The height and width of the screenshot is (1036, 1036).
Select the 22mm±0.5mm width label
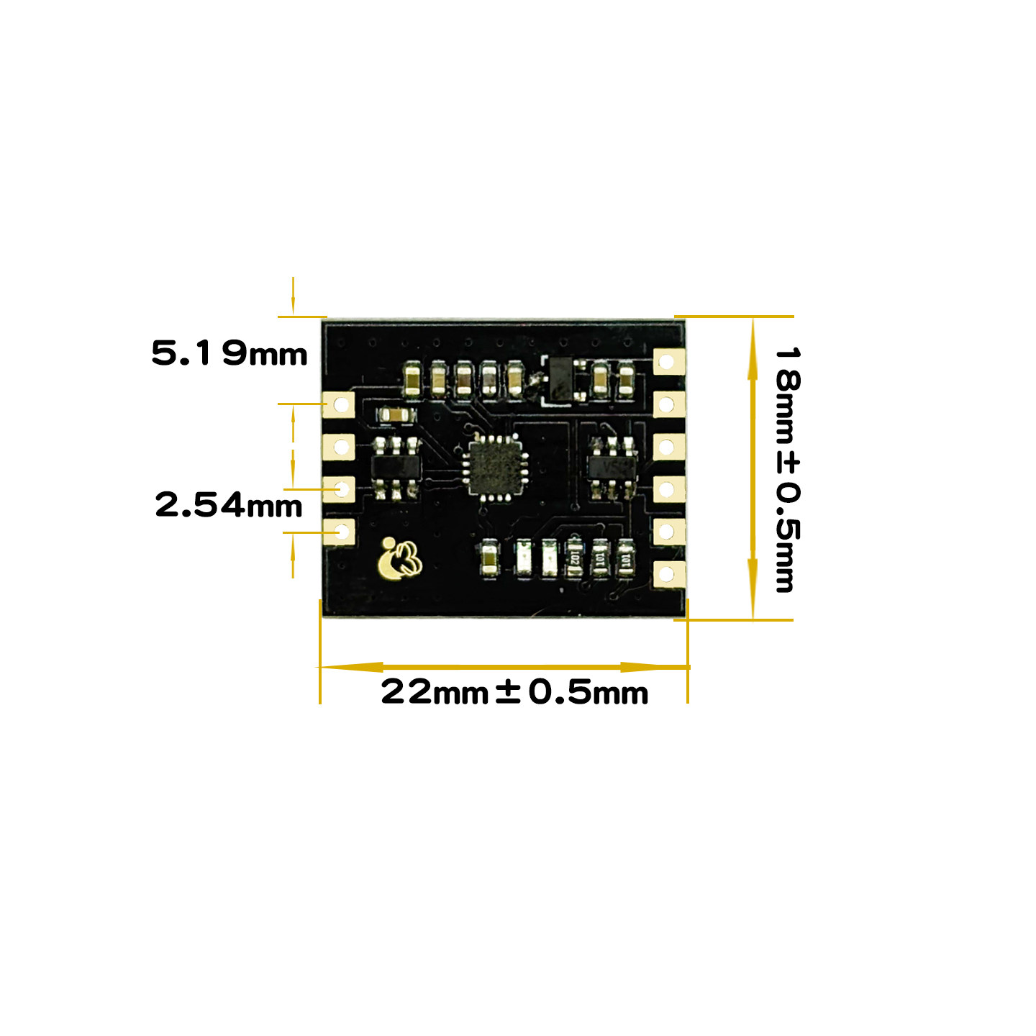click(514, 691)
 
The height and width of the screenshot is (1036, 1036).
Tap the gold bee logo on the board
click(399, 559)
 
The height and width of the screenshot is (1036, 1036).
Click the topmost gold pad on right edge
click(668, 362)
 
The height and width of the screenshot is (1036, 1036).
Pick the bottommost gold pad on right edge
click(668, 573)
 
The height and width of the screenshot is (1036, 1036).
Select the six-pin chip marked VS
click(612, 468)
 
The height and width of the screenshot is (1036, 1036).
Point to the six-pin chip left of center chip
click(396, 468)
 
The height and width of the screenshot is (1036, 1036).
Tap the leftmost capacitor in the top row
click(412, 380)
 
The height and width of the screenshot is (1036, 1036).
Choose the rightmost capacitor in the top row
click(625, 380)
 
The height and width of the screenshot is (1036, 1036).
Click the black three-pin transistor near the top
click(561, 378)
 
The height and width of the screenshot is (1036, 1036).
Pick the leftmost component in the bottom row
click(489, 558)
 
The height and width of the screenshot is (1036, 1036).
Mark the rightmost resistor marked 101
click(625, 558)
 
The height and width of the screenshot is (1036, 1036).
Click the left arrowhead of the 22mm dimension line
click(350, 667)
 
